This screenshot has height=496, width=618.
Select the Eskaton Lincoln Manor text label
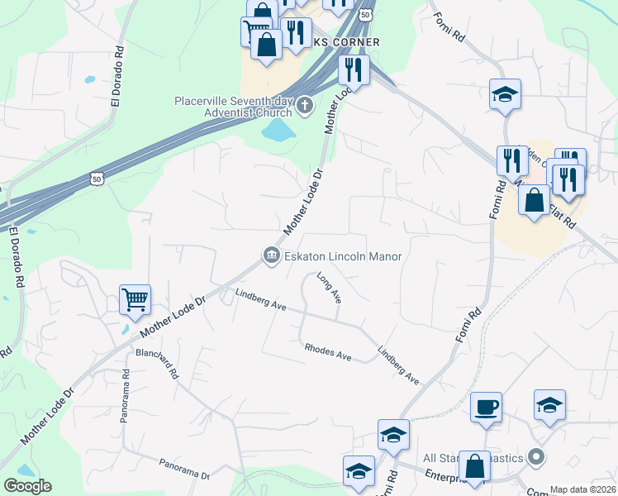point(343,257)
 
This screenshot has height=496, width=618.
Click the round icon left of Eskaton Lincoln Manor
point(271,257)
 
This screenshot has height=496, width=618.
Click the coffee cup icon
point(487,407)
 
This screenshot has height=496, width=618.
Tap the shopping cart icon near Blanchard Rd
point(135,299)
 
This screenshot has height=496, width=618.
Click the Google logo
point(27,486)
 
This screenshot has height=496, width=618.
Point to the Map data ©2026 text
point(582,489)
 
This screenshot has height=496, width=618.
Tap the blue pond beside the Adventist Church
point(278,130)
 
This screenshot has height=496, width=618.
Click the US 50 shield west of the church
point(97,178)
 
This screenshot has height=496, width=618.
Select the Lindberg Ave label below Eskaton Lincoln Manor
point(260,299)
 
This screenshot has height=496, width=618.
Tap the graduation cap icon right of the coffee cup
point(549,405)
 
